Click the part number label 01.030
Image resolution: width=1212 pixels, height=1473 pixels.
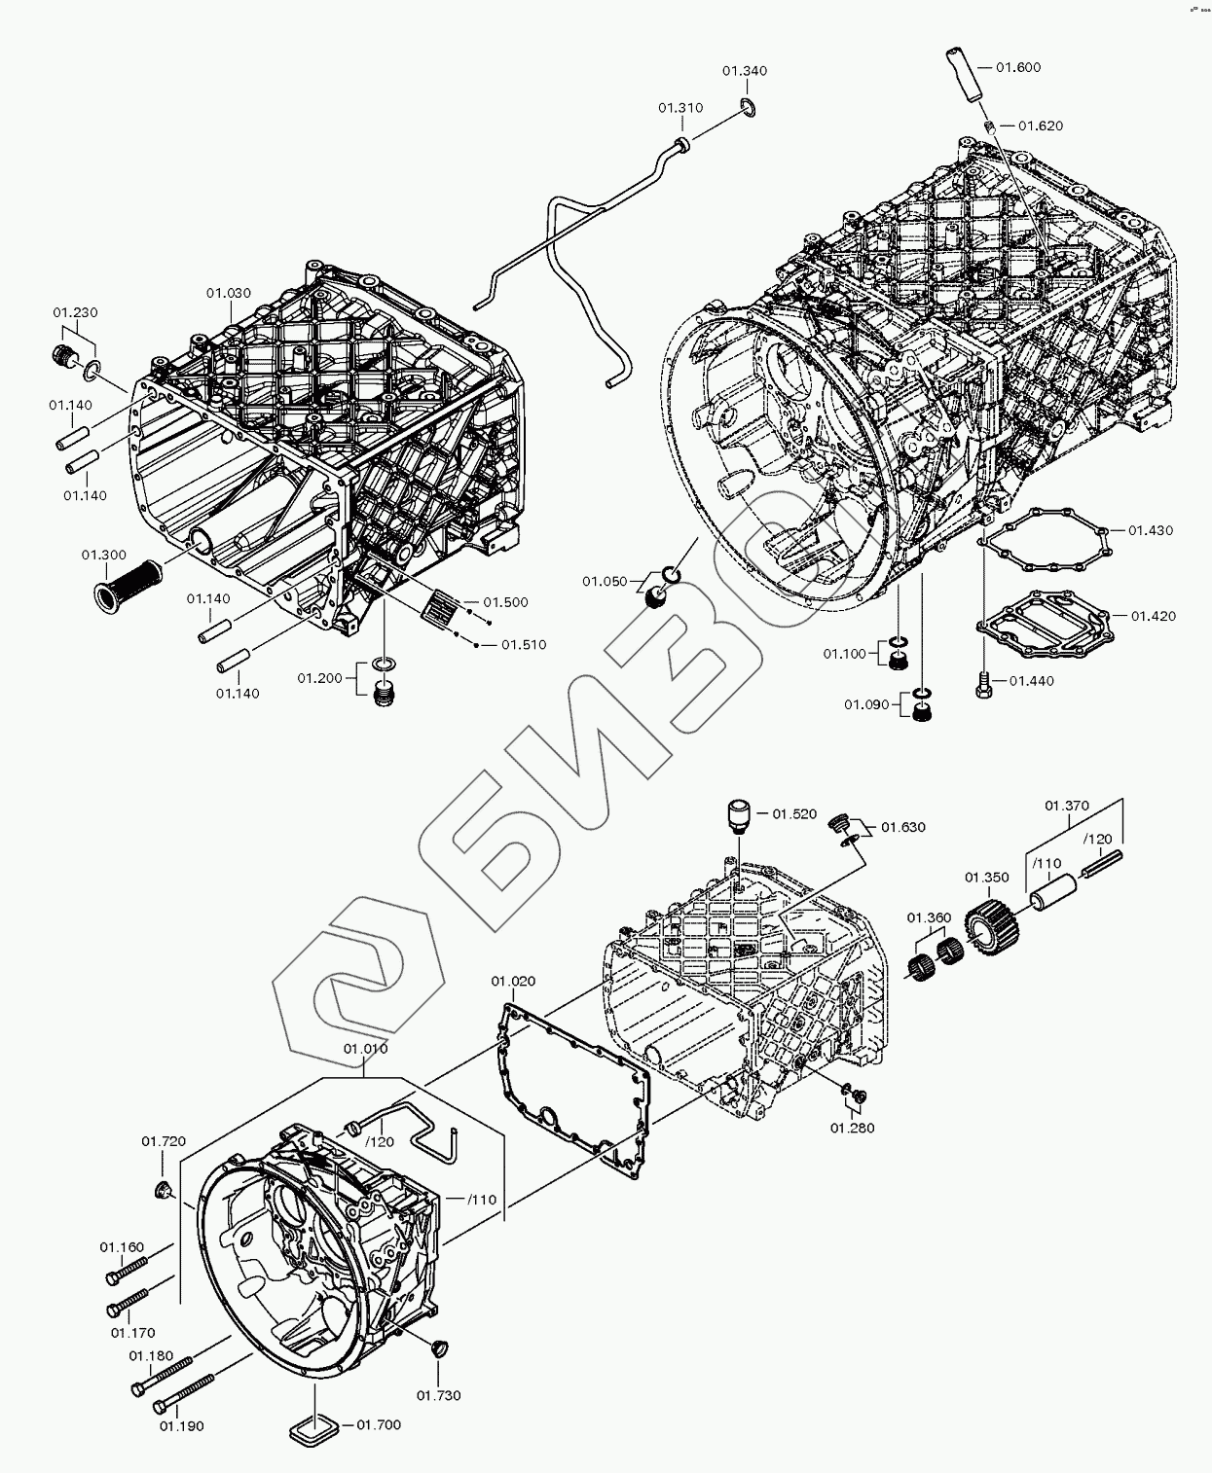pos(229,293)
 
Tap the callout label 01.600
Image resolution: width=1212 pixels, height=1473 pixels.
pos(1018,67)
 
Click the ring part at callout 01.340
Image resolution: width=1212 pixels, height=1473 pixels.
pos(748,107)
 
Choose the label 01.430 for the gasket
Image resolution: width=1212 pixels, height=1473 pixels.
pos(1151,530)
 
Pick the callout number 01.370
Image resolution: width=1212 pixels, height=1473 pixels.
pos(1067,806)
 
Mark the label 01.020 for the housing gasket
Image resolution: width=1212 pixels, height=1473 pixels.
pos(513,981)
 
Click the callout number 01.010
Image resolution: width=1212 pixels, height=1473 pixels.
pos(365,1048)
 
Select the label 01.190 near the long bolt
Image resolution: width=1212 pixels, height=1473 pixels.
pos(182,1426)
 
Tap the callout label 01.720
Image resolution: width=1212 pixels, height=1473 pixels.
pos(164,1140)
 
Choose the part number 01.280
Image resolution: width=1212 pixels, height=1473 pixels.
pos(852,1128)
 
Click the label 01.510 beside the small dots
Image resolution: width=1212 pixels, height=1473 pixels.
pos(524,644)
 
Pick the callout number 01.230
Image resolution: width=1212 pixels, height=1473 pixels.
pos(75,312)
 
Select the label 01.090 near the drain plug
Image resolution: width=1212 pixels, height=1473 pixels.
pos(866,704)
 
